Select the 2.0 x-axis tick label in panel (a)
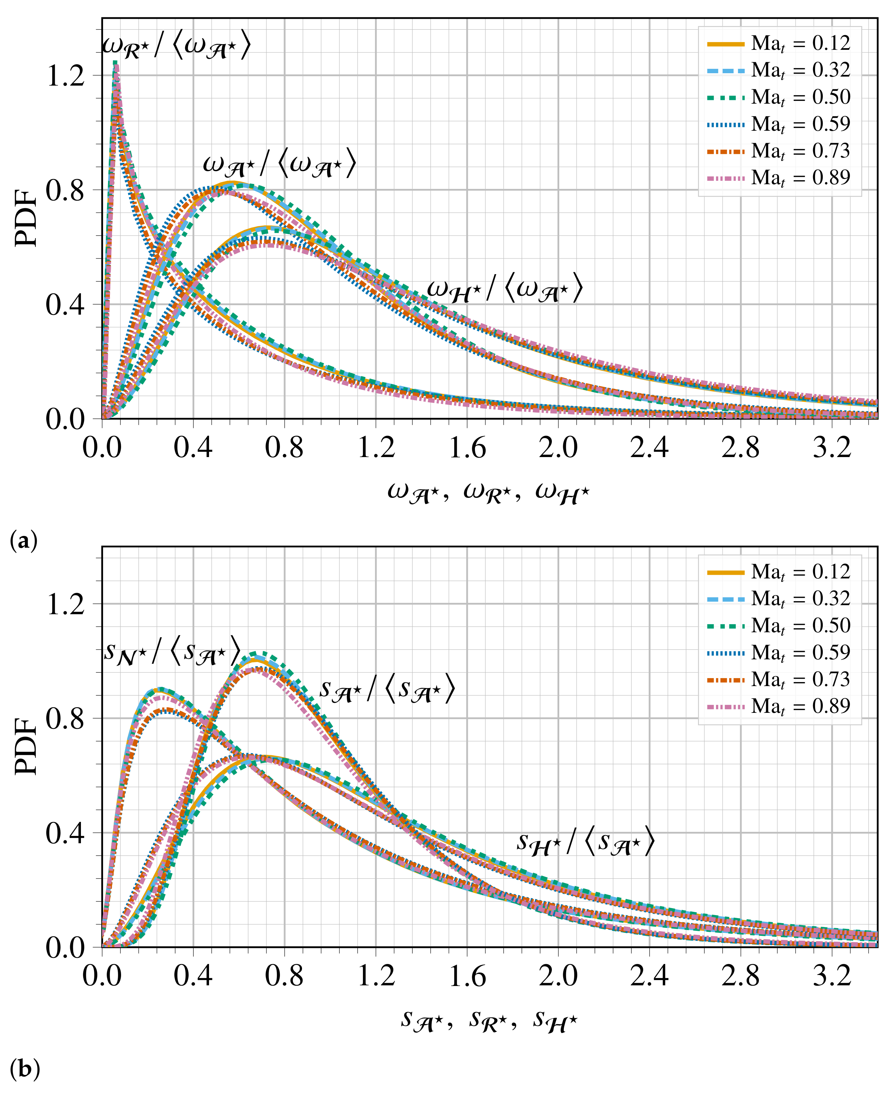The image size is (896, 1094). (558, 447)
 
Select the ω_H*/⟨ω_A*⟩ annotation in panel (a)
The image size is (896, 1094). (505, 290)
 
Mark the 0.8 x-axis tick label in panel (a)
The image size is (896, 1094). (284, 447)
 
